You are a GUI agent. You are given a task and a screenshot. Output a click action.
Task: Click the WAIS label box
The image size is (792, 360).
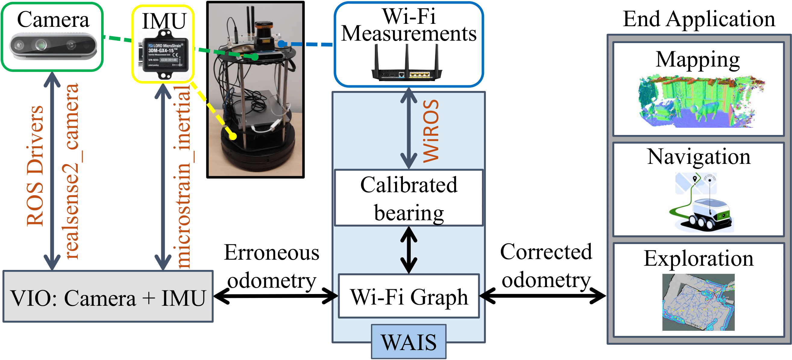(408, 342)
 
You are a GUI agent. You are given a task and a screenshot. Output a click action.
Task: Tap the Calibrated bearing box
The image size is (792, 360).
(408, 198)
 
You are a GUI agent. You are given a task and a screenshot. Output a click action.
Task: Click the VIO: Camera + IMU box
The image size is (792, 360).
(108, 297)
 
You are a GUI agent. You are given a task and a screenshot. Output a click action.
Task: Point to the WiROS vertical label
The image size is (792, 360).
(430, 131)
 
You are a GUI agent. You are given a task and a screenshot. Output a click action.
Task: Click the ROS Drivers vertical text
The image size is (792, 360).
(34, 166)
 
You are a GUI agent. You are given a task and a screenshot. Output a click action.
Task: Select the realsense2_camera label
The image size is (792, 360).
(71, 171)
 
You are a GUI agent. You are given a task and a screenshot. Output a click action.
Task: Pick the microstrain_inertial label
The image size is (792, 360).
(183, 177)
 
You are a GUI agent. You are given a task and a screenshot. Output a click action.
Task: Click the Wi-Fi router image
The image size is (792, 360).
(407, 64)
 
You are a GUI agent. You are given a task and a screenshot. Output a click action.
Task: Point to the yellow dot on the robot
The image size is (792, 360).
(233, 136)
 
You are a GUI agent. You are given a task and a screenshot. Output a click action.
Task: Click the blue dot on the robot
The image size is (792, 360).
(281, 44)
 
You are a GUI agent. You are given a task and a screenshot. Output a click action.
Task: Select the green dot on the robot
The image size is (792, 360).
(255, 57)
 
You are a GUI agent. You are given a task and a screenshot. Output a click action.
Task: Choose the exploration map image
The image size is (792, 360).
(698, 302)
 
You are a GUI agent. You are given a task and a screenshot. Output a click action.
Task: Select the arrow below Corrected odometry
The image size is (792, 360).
(543, 296)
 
